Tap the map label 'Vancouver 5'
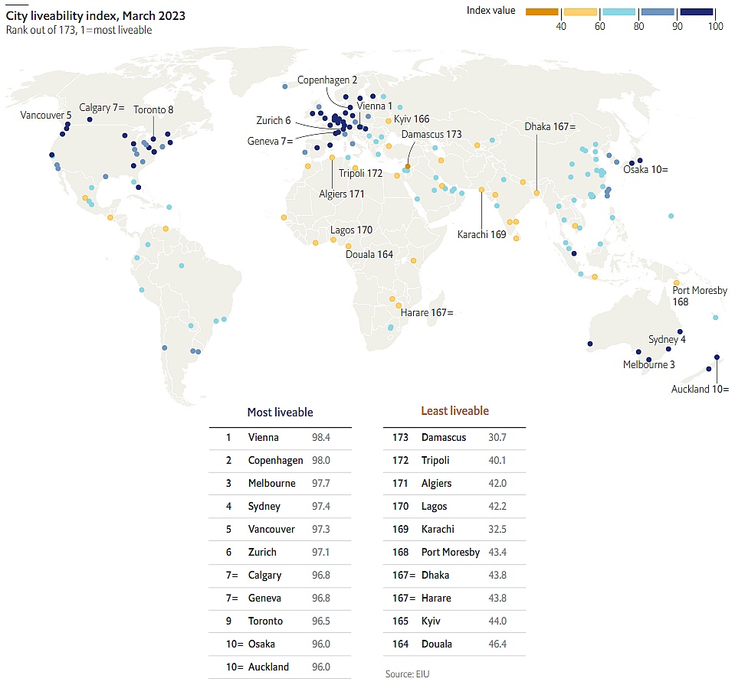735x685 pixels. [46, 115]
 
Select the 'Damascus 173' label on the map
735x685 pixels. [431, 134]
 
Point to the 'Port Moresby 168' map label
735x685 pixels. [699, 295]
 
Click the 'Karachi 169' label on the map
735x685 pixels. [481, 234]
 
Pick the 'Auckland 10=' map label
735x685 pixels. [700, 389]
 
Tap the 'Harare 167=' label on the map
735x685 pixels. [427, 312]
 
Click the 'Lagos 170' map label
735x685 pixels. [351, 230]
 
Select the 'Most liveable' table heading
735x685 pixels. [280, 412]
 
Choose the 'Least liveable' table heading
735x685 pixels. [454, 411]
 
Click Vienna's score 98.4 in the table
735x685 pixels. [322, 438]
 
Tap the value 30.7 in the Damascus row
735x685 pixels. [497, 438]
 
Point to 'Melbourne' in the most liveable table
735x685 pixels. [271, 484]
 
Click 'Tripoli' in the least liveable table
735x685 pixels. [435, 461]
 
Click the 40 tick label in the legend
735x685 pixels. [560, 27]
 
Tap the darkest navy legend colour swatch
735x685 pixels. [696, 11]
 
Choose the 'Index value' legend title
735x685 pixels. [491, 10]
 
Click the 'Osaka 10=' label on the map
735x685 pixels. [645, 169]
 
